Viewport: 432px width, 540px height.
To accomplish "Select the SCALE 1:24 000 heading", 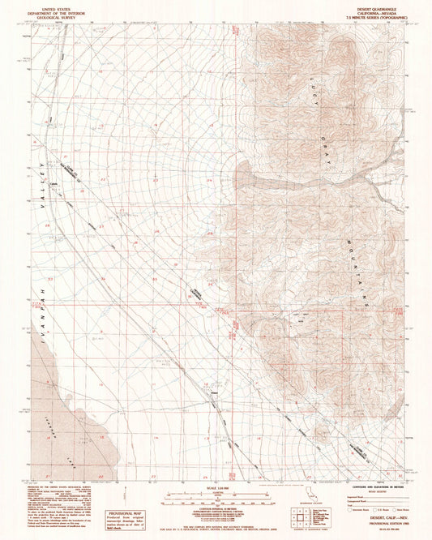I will (x=216, y=486).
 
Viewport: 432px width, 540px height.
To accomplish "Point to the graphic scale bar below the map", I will (x=216, y=495).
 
